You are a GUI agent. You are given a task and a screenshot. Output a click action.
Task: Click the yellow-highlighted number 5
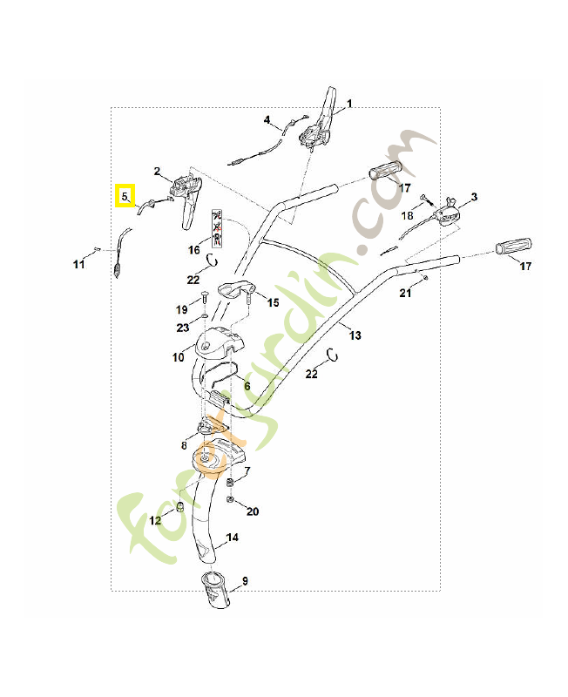coord(125,197)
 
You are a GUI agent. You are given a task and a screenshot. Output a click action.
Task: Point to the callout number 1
coord(349,104)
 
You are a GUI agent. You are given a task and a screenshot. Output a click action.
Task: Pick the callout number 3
coord(473,197)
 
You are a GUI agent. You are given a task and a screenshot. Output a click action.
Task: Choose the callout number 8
coord(184,445)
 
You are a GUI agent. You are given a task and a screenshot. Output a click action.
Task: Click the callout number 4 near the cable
coord(267,120)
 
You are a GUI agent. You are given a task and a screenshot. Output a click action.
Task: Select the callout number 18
coord(408,215)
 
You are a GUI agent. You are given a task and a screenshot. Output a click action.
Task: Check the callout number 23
coord(182,328)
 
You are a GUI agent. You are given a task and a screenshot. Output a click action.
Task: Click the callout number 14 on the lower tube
coord(233,538)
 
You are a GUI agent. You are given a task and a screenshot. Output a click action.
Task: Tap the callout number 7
coord(247,470)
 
